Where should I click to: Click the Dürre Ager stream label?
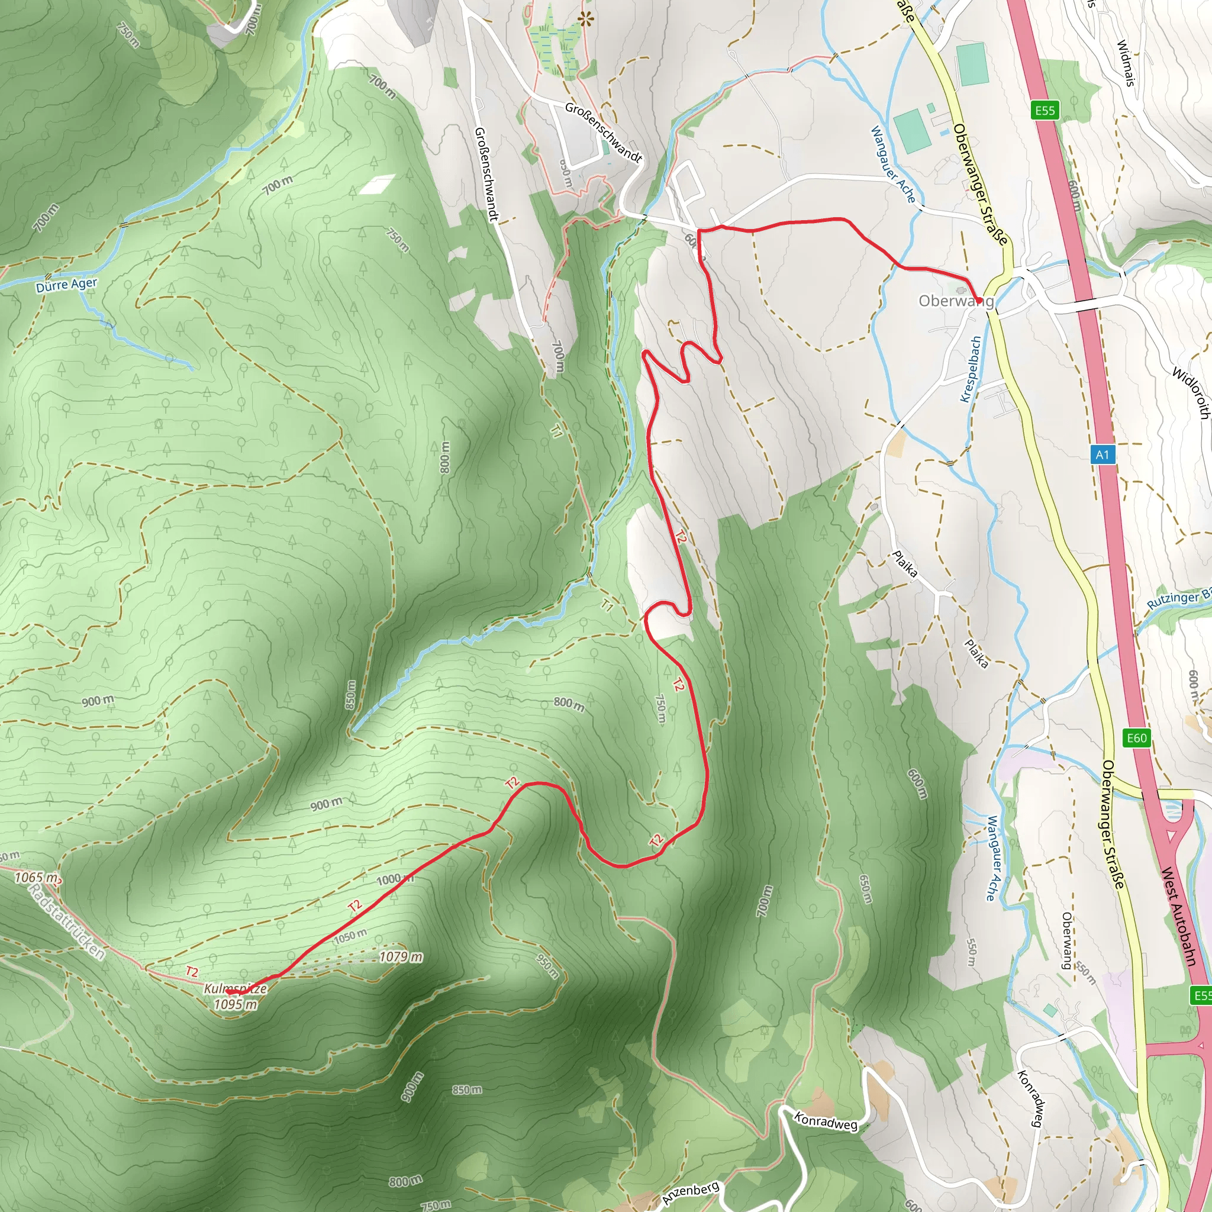click(66, 285)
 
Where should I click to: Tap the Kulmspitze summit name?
click(236, 989)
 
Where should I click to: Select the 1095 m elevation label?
click(236, 1004)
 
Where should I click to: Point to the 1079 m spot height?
click(401, 957)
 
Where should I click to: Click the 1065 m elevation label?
click(36, 878)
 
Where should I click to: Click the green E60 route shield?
click(1136, 738)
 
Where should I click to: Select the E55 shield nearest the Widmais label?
click(1045, 111)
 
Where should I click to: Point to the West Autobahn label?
click(1180, 917)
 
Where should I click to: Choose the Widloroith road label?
click(1191, 393)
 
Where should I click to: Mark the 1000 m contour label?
click(395, 879)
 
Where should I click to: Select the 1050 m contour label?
click(350, 937)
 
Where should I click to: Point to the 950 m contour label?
click(547, 966)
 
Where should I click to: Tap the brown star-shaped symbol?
click(585, 20)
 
